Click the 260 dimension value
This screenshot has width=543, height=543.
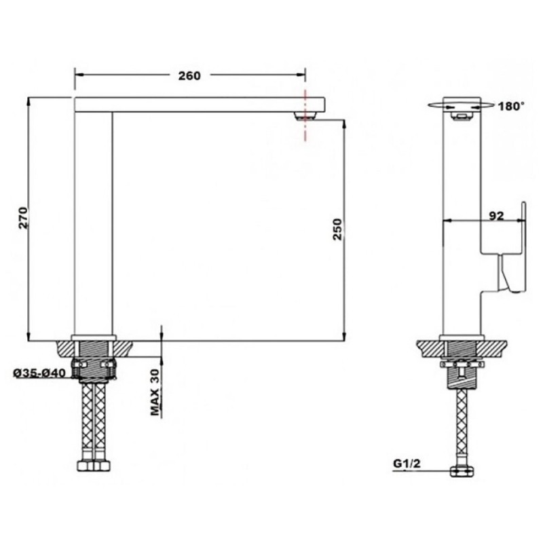tap(189, 75)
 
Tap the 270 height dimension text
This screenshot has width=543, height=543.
tap(23, 217)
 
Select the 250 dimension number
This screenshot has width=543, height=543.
tap(337, 229)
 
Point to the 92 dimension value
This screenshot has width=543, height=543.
tap(496, 215)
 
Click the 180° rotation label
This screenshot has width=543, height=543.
tap(511, 106)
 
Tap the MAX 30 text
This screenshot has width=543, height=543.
tap(155, 392)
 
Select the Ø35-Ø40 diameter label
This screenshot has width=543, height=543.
tap(39, 373)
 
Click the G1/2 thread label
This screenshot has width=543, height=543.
tap(407, 464)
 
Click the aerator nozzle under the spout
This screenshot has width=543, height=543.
tap(304, 116)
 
